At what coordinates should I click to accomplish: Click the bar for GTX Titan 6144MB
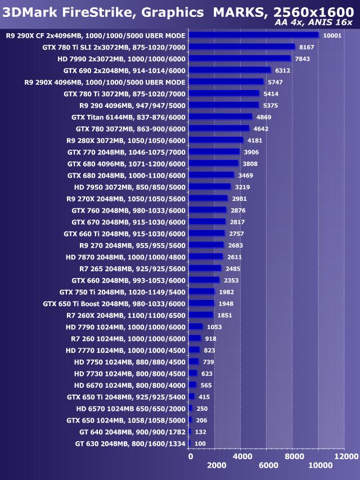coord(220,116)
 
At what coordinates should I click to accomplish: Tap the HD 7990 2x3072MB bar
coord(240,59)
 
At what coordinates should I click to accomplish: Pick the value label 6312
coord(283,70)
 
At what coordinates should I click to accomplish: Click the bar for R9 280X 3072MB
coord(217,140)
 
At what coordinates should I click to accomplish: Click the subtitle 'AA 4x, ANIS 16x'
coord(313,23)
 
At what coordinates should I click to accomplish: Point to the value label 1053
coord(214,327)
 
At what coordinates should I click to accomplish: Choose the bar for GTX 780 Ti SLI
coord(242,47)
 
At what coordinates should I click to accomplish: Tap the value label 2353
coord(231,280)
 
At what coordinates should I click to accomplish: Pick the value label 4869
coord(264,117)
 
